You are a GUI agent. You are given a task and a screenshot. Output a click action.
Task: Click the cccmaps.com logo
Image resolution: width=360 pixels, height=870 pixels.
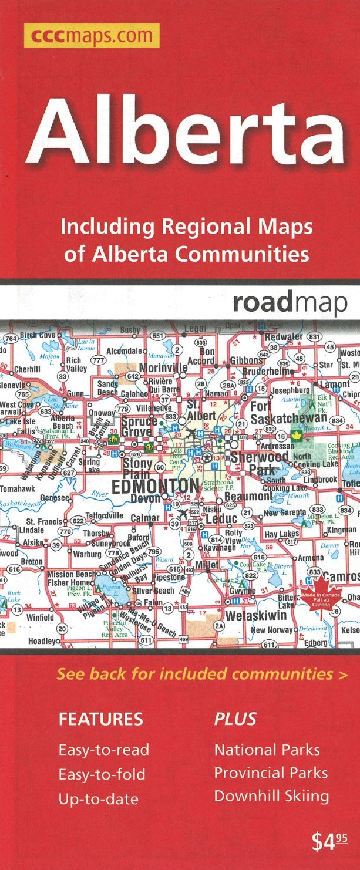tap(91, 36)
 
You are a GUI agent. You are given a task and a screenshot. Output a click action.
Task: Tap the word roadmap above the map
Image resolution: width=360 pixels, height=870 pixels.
tap(290, 303)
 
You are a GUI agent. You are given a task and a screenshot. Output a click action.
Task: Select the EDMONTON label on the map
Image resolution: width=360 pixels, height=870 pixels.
tap(156, 486)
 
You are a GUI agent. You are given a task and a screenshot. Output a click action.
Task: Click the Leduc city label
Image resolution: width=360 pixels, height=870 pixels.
tap(221, 519)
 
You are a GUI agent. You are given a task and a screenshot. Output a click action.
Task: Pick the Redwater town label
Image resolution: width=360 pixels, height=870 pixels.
tap(284, 338)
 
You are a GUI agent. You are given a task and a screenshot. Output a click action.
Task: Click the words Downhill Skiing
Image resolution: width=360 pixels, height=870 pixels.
tap(271, 797)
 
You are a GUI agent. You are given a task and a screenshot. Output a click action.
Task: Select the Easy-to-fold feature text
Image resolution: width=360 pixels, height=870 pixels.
tap(102, 774)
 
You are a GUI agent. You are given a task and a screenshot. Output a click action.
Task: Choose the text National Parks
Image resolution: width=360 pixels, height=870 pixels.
tap(267, 750)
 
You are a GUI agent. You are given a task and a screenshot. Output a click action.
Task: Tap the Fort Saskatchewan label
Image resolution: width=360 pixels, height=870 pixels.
tap(281, 411)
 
